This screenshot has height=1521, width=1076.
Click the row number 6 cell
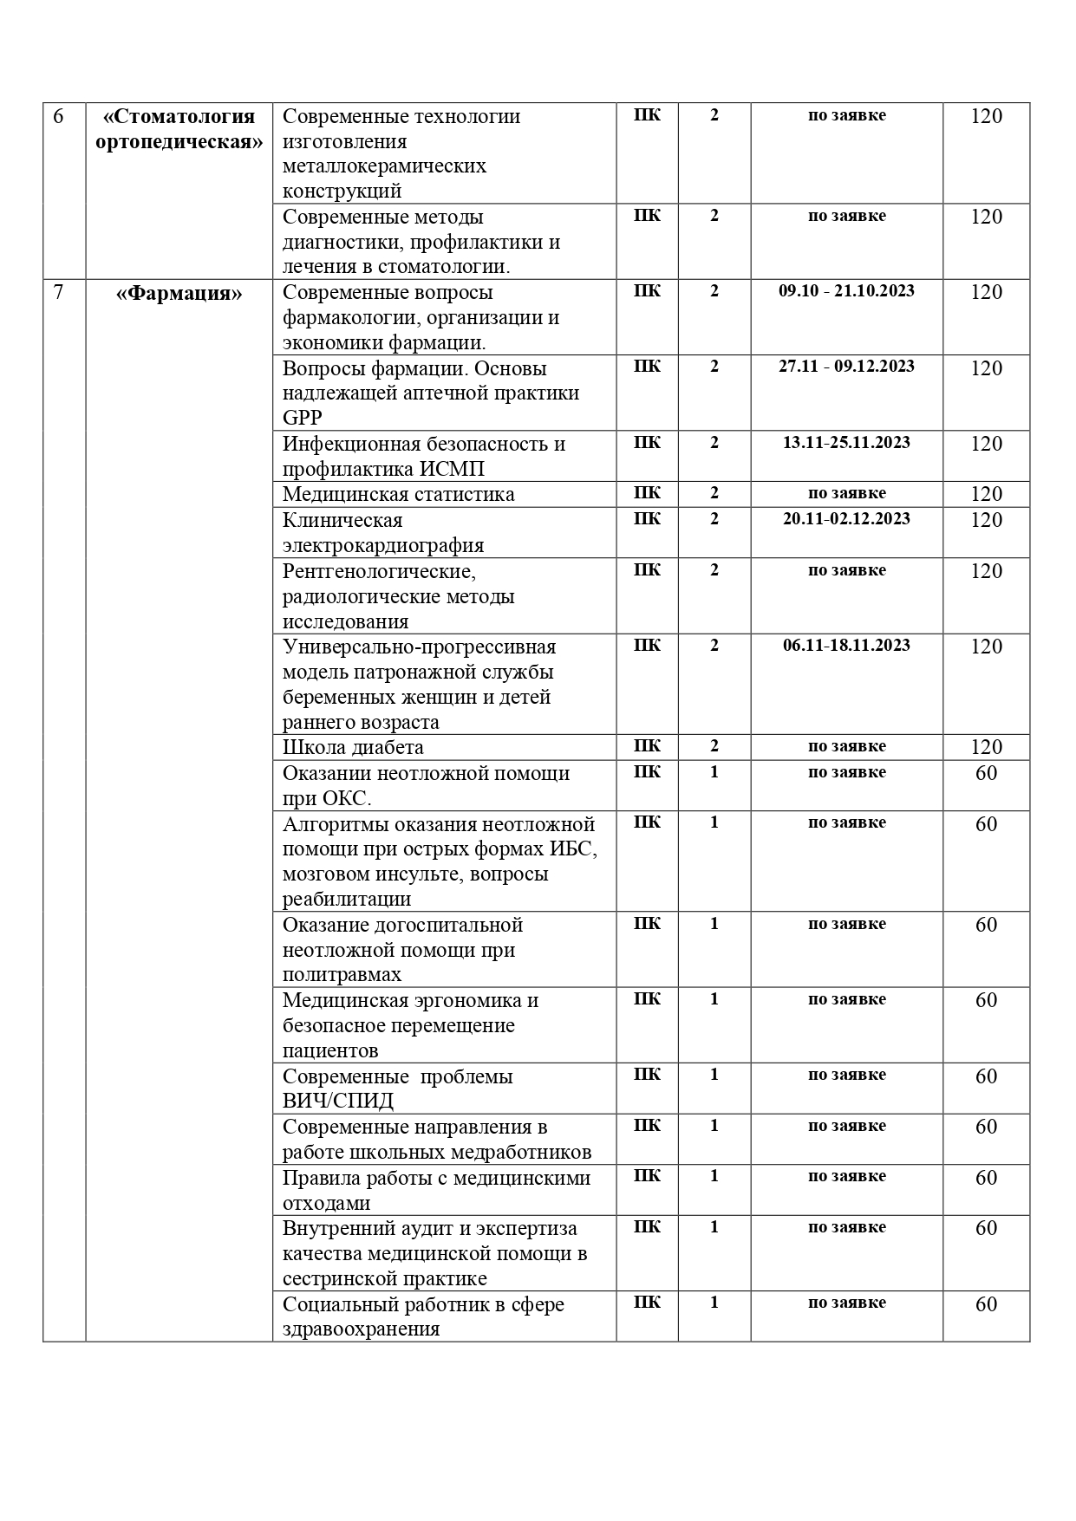(58, 116)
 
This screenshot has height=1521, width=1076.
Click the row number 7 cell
(58, 292)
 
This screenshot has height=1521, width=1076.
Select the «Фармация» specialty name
(179, 294)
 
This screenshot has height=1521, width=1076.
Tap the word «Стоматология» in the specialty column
(179, 117)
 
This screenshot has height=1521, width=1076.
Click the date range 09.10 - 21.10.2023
(846, 291)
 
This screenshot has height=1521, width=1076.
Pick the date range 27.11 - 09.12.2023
(846, 367)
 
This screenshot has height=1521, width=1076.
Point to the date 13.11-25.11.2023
(846, 443)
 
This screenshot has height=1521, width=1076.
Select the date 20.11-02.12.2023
(846, 519)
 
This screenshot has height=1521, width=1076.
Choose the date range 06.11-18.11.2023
(846, 646)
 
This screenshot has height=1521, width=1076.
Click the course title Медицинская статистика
(398, 494)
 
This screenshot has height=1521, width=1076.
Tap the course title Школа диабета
(353, 747)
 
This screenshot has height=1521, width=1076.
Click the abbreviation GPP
(302, 418)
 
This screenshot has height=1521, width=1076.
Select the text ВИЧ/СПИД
(337, 1102)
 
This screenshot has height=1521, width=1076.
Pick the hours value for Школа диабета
(986, 747)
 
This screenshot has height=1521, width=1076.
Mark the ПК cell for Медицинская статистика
(647, 493)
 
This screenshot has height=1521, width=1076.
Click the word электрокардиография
(383, 545)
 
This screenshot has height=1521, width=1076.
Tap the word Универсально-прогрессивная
(420, 647)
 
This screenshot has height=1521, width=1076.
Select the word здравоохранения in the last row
(361, 1329)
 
